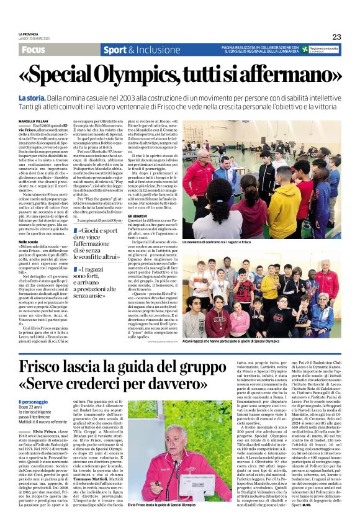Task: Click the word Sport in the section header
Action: tap(115, 50)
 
